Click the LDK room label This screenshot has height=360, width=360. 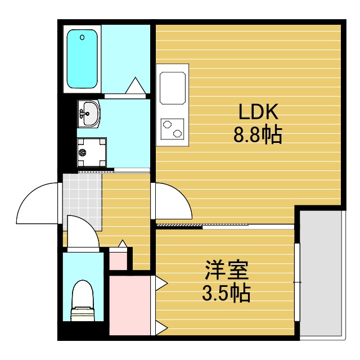pos(259,111)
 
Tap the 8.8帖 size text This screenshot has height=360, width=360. pos(258,135)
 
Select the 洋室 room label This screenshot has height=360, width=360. pos(226,270)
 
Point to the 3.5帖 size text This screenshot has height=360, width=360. pos(226,293)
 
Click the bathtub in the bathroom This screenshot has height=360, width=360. pos(82,58)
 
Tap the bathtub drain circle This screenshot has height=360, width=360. pos(82,37)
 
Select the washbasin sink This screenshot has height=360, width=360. pos(89,114)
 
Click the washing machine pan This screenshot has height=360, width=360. pos(92,152)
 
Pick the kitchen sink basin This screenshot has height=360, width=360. pos(173,88)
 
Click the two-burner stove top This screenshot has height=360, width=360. pos(172,129)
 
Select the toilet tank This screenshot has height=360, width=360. pos(82,314)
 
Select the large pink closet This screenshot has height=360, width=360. pos(130,305)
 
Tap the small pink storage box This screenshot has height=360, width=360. pos(118,261)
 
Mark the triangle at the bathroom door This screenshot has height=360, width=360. pos(136,85)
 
